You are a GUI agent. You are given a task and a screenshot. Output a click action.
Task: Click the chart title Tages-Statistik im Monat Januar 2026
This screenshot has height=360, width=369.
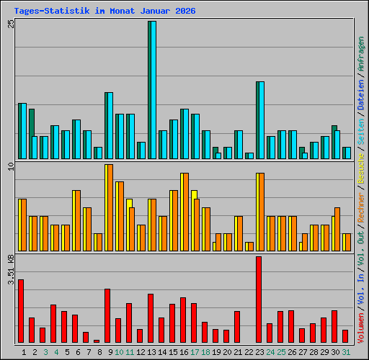(x=105, y=12)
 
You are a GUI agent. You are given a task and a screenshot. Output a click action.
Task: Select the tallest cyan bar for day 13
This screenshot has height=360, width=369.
(x=152, y=90)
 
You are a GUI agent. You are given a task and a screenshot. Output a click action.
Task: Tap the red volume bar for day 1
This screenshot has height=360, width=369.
(x=21, y=311)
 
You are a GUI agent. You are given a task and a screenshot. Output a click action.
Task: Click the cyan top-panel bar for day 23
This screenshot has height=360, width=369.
(x=260, y=120)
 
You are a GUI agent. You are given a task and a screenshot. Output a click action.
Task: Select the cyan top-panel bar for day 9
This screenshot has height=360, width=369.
(x=109, y=125)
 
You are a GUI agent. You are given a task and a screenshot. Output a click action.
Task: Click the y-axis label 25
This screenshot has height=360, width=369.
(x=10, y=24)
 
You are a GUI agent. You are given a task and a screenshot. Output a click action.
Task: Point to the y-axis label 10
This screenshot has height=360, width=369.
(x=10, y=167)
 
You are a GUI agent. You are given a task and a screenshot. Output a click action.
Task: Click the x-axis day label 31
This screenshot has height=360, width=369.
(x=346, y=352)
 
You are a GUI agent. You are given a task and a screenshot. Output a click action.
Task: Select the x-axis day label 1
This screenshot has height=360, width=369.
(x=24, y=352)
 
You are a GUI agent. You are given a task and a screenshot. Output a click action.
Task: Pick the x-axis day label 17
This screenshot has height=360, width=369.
(x=195, y=352)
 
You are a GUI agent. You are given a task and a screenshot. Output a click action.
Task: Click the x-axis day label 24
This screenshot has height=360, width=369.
(x=270, y=352)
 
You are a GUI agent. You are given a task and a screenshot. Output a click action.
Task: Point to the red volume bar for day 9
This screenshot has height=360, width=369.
(x=107, y=315)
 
